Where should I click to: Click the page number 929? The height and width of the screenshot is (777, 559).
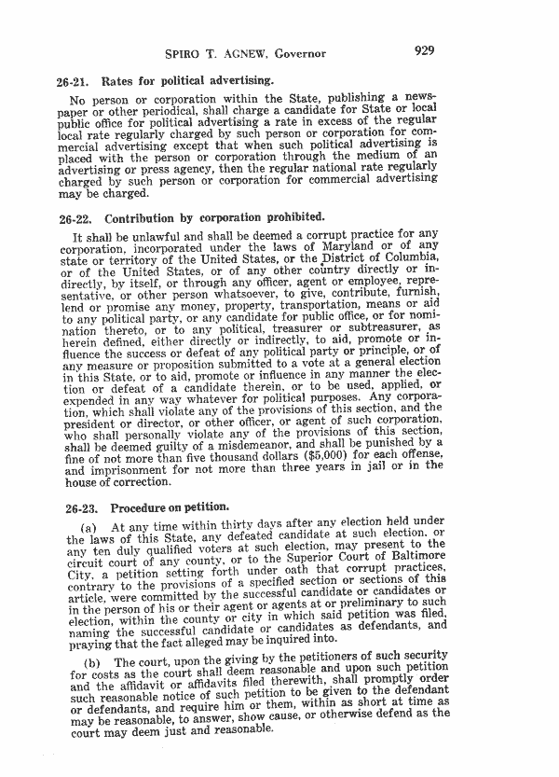pos(425,51)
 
